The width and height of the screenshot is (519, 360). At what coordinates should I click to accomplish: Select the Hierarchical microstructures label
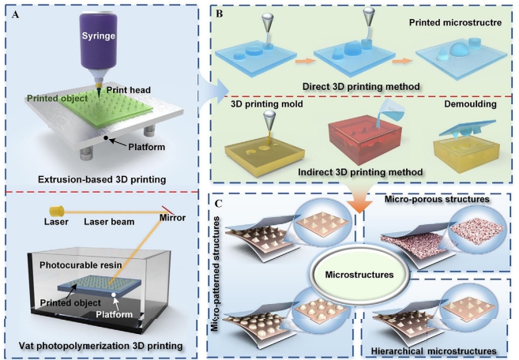pyautogui.click(x=432, y=348)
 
